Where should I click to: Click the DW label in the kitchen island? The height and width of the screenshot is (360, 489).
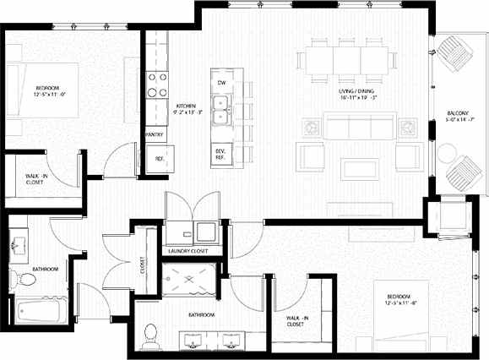(x=221, y=82)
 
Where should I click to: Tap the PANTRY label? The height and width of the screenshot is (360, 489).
(x=155, y=134)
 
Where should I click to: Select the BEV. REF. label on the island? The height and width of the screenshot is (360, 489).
(x=220, y=153)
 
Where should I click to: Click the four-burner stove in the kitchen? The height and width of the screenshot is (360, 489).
(x=156, y=84)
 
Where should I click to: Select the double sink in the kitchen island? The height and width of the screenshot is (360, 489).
(x=221, y=110)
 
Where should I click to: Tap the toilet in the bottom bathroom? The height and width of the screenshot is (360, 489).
(x=152, y=335)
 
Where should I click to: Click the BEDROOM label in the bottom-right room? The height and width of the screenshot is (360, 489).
(x=399, y=298)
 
